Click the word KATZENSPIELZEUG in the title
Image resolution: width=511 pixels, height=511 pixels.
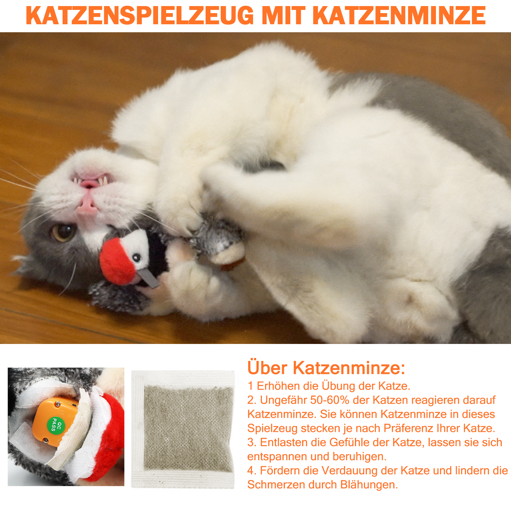pos(140,15)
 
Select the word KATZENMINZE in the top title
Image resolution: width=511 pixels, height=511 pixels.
pos(399,15)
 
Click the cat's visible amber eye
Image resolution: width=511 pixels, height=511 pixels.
pos(63,232)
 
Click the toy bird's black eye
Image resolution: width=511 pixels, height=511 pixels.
pos(137,257)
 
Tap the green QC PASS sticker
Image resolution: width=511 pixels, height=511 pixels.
pos(56,424)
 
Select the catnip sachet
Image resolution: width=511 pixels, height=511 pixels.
pos(183,429)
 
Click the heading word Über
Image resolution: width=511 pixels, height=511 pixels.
pos(267,368)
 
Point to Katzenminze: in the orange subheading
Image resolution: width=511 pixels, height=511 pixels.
pos(349,368)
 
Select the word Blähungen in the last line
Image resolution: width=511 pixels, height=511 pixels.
pos(369,485)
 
